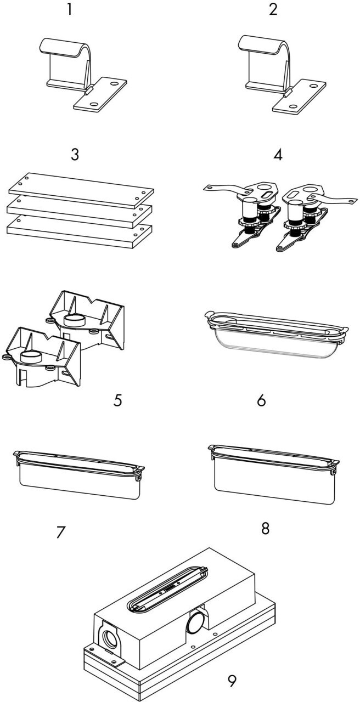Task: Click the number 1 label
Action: click(69, 10)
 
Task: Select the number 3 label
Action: click(75, 154)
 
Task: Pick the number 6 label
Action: click(261, 400)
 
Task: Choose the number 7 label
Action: click(60, 531)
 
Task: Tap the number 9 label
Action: click(233, 681)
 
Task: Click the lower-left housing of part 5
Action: click(41, 357)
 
